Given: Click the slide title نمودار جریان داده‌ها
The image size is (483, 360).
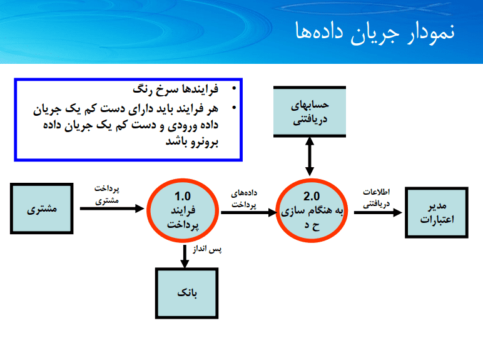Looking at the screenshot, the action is [375, 33].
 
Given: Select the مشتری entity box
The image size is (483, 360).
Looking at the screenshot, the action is [41, 208].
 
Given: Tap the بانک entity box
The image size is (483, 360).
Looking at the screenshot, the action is [186, 293].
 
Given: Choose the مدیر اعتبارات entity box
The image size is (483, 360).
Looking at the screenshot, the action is [437, 212].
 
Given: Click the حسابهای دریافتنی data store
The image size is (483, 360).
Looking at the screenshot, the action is [310, 111].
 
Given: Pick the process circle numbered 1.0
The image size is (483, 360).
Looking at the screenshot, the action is [183, 210].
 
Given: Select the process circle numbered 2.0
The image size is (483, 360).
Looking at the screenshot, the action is [312, 210].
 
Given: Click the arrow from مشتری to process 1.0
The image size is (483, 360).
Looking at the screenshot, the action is [112, 208].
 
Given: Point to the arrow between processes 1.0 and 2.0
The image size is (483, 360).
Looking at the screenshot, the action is [249, 212].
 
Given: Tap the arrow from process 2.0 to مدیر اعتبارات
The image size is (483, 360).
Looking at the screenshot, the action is [378, 212].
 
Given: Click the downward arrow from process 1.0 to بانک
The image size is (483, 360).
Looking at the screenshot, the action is [185, 257].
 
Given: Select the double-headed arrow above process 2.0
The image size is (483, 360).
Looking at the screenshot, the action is [310, 157].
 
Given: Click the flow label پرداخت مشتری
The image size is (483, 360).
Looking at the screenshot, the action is [107, 195].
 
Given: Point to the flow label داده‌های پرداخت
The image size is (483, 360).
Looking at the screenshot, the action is [244, 199].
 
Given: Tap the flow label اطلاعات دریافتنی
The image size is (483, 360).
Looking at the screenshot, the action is [376, 198].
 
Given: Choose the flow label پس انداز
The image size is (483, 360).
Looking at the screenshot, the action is [207, 249].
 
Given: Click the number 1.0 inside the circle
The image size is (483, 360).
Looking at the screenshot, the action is [183, 196].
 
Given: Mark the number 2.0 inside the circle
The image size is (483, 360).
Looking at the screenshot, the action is [312, 196].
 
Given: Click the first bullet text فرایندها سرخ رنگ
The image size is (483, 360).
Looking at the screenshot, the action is [176, 90].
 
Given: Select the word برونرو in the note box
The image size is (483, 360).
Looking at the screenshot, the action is [203, 142].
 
